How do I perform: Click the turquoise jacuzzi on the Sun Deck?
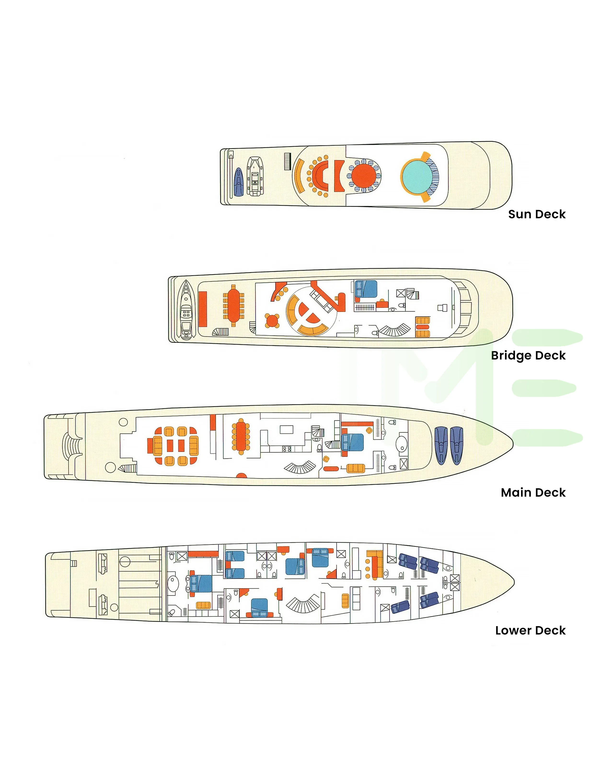(x=416, y=176)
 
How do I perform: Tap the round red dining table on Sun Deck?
(x=364, y=176)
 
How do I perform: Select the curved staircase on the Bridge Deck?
(x=394, y=330)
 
